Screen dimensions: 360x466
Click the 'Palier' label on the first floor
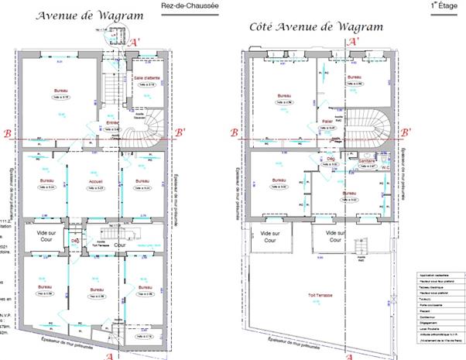click(327, 121)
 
